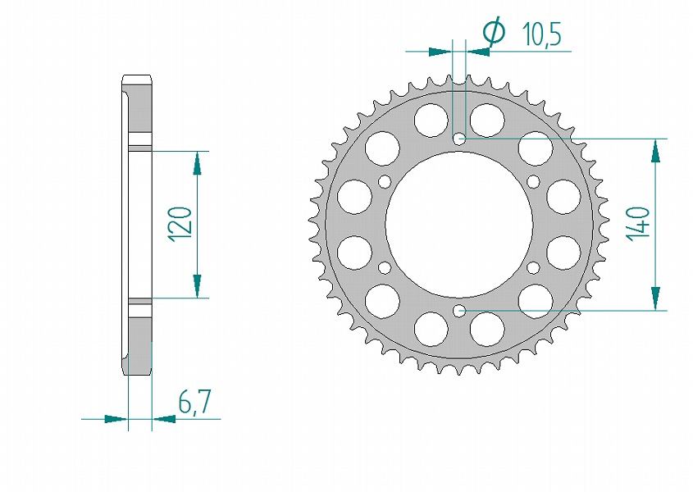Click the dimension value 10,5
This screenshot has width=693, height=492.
(x=541, y=34)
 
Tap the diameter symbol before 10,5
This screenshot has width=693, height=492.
(x=494, y=31)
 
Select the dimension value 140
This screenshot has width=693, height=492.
(x=639, y=224)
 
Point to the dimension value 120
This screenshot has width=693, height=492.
(x=180, y=224)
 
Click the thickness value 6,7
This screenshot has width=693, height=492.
(x=194, y=401)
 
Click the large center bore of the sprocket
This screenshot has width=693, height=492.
(x=459, y=225)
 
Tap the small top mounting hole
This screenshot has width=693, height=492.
(x=459, y=139)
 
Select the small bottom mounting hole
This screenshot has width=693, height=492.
(x=459, y=311)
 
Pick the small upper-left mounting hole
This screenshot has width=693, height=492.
(x=385, y=181)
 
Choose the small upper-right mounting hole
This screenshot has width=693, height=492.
(x=534, y=181)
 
